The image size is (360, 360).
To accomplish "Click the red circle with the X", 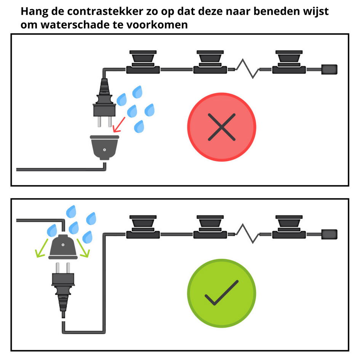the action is (x=222, y=127).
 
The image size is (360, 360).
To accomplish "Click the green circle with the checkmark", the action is (x=222, y=293).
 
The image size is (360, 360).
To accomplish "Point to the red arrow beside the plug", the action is (x=119, y=125).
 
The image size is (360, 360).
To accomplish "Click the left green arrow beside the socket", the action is (x=42, y=248).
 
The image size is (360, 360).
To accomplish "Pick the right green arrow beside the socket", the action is (x=83, y=248).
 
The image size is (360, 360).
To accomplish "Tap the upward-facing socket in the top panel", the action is (x=104, y=147).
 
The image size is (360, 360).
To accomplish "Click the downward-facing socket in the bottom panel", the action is (x=63, y=247).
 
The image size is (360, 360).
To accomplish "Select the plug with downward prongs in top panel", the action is (x=104, y=102).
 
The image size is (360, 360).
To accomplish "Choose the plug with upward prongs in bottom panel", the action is (x=63, y=287).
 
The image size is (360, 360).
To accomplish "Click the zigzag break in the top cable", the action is (x=248, y=69).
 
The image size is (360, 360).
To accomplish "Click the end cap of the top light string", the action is (x=329, y=69).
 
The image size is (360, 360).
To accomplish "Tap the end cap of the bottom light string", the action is (x=329, y=234).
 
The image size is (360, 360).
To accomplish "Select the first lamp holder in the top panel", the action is (x=143, y=62).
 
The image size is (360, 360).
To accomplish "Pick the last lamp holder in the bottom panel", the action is (x=289, y=227).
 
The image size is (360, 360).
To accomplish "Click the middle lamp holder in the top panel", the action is (x=210, y=62).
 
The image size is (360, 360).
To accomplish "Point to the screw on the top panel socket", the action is (x=104, y=150).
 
